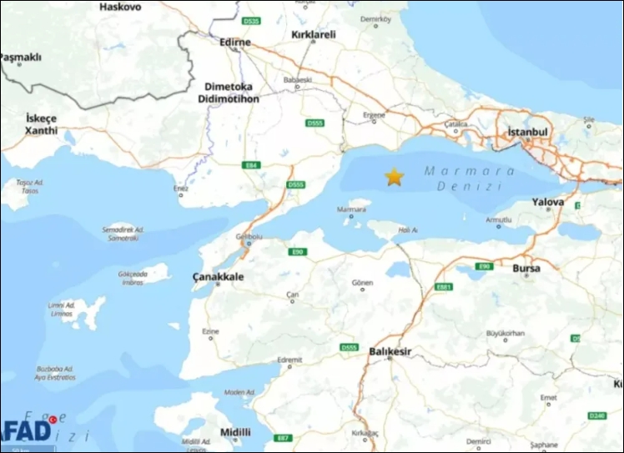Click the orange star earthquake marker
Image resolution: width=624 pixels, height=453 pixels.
394,177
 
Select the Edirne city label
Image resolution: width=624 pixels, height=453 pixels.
234,42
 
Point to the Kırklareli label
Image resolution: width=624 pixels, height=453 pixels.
313,35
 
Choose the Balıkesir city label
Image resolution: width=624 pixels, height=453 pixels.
390,351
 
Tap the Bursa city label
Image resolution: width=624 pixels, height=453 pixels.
526,269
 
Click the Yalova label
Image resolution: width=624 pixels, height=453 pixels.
548,202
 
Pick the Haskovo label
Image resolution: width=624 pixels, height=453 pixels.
120,7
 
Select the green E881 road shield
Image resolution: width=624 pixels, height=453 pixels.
444,287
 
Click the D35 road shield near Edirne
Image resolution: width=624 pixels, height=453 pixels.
252,21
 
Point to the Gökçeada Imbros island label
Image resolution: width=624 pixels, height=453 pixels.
133,276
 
